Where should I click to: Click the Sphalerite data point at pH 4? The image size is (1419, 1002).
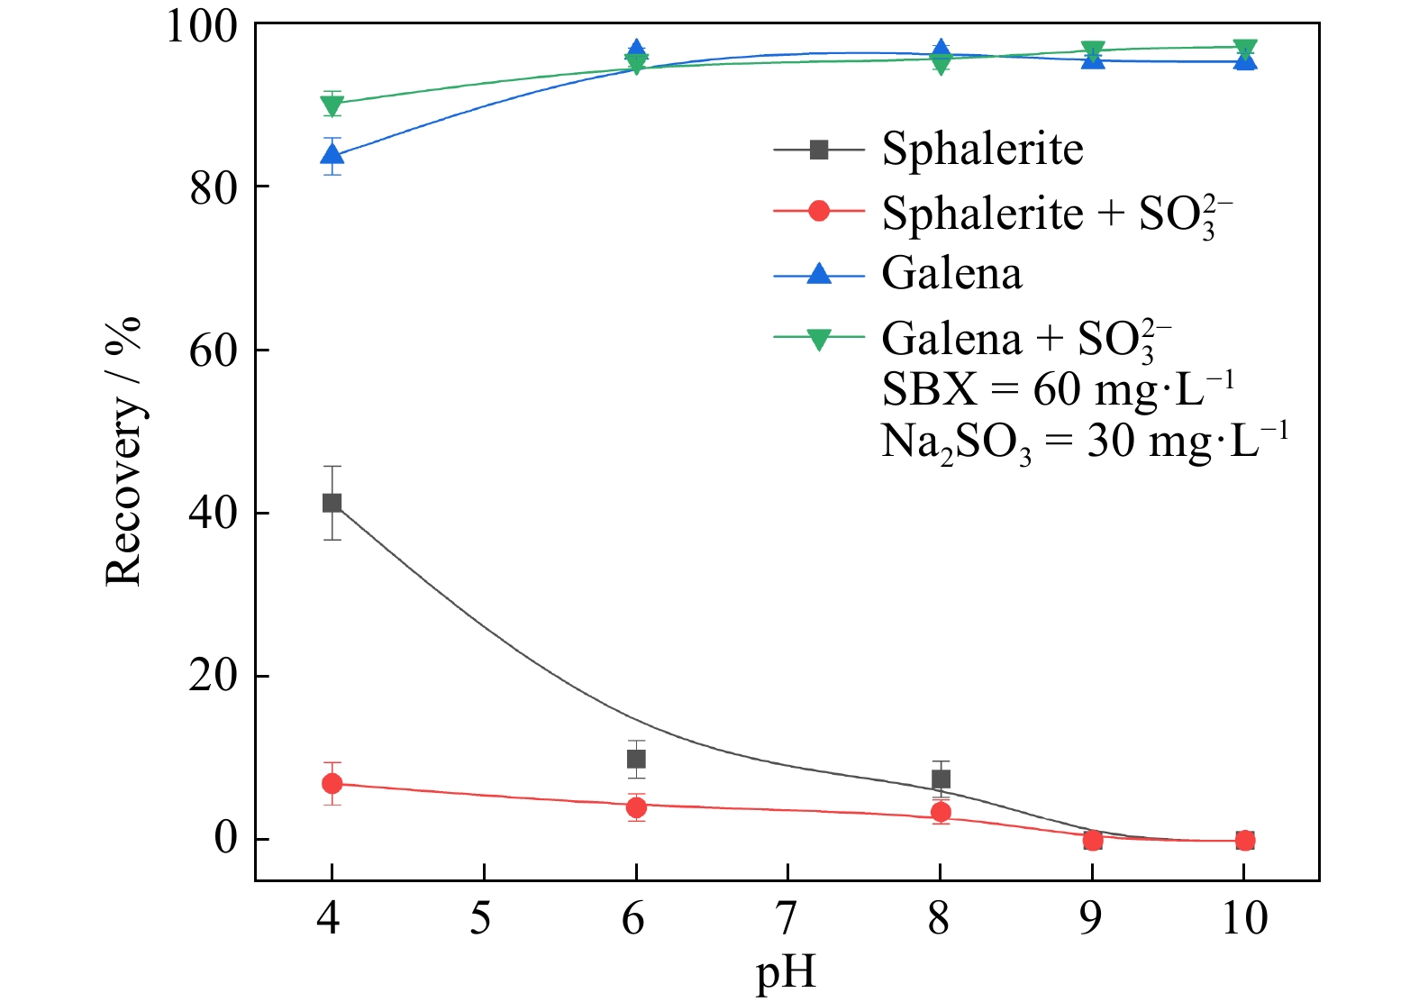point(332,503)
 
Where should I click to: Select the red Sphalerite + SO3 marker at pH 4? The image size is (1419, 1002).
point(332,784)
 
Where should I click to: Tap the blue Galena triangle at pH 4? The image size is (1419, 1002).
point(332,155)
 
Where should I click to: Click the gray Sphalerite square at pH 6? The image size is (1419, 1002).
point(636,759)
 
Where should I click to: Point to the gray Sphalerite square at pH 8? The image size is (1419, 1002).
point(941,779)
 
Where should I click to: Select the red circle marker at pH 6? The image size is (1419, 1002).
point(636,807)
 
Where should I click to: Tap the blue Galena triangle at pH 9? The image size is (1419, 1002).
point(1093,59)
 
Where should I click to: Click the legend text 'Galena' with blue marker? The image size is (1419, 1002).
point(951,273)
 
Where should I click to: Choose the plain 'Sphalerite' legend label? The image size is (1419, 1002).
point(982,149)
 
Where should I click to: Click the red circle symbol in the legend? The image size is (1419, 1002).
point(818,212)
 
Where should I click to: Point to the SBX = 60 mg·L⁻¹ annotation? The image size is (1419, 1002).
point(1057,389)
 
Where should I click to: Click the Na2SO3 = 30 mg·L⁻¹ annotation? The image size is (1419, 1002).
point(1084,442)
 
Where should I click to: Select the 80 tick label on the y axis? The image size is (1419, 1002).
point(214,187)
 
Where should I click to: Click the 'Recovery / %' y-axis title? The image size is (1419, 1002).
point(123,451)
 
